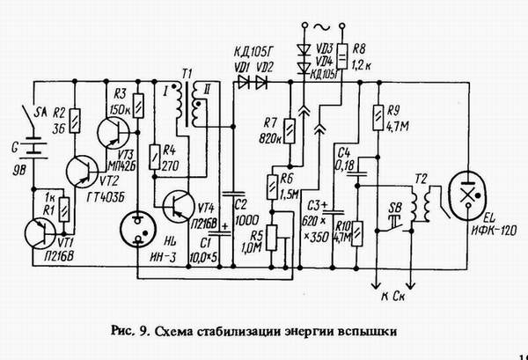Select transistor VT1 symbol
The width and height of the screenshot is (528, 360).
pos(40,237)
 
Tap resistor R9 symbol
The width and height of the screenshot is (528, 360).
pos(378,115)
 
